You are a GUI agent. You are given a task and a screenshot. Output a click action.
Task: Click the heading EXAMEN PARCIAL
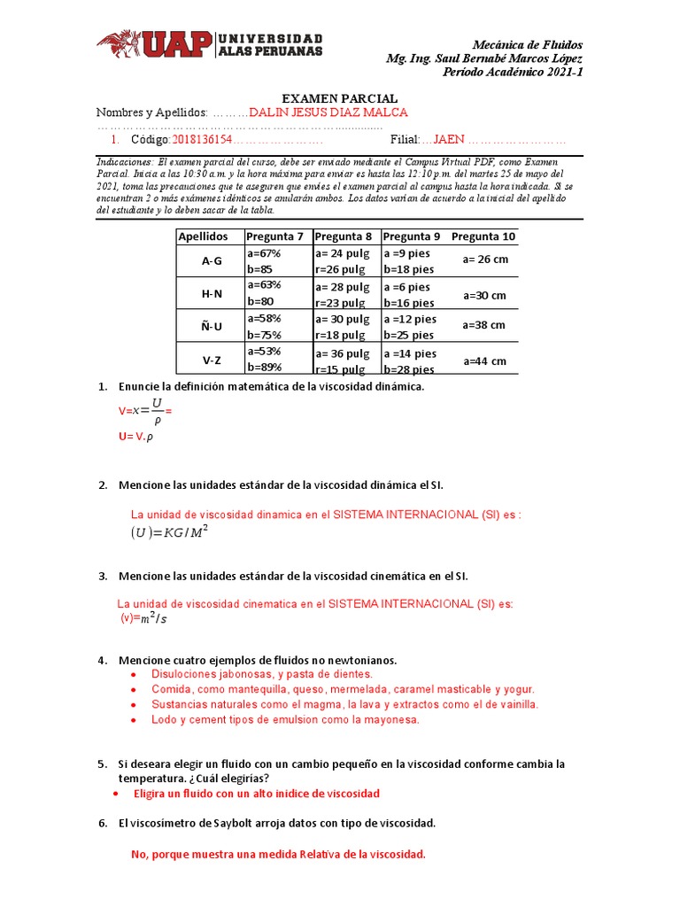click(339, 98)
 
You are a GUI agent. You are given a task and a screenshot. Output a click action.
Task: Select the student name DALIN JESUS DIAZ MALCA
click(328, 112)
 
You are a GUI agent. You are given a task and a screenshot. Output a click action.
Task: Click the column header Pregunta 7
click(274, 236)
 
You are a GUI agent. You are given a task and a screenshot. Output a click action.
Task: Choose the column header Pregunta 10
click(483, 236)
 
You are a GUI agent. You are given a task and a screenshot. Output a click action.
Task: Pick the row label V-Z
click(211, 360)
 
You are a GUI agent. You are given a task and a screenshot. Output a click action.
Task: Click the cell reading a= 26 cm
click(485, 260)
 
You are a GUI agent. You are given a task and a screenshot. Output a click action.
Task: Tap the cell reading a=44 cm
click(484, 360)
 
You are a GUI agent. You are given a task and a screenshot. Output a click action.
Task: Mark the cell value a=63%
click(264, 285)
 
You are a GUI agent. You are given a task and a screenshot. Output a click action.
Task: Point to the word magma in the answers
click(333, 704)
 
